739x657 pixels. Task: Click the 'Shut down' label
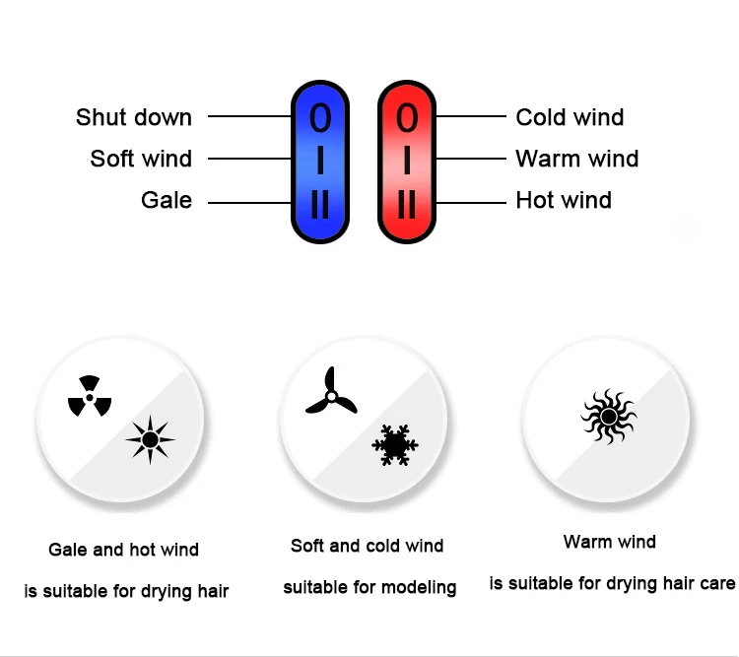coord(133,118)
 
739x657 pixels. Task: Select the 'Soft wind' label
coord(141,159)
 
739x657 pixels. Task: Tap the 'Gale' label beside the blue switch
coord(167,200)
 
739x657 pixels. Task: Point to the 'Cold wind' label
coord(570,118)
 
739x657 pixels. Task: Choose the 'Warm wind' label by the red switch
coord(576,159)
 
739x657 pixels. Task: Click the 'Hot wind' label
coord(564,200)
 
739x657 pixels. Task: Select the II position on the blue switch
coord(320,205)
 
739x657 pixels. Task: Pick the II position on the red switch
coord(407,205)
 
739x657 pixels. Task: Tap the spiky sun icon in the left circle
coord(150,439)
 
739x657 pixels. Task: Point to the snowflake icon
coord(395,445)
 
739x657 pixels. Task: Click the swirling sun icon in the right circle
coord(608,417)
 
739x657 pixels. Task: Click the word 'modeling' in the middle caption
coord(421,588)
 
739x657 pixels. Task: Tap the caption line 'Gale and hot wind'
coord(123,550)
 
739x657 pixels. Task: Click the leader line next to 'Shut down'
coord(248,117)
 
